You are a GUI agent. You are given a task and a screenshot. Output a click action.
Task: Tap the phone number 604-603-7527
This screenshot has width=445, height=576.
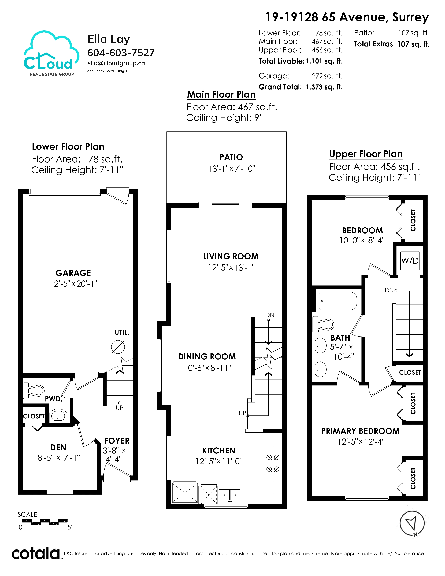click(121, 53)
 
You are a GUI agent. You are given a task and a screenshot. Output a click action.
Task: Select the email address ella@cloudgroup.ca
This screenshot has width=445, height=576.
click(116, 63)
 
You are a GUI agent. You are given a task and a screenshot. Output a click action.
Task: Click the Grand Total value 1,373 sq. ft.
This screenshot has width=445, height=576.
click(324, 87)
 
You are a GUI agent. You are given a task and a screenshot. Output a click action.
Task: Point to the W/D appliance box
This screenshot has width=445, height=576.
click(410, 261)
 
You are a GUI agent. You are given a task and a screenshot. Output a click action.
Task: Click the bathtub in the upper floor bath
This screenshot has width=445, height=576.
click(338, 301)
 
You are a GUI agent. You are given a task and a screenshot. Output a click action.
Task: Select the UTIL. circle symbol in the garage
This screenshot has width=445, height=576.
click(118, 347)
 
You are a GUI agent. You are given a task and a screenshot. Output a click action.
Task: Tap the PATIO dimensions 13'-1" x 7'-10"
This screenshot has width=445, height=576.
click(232, 169)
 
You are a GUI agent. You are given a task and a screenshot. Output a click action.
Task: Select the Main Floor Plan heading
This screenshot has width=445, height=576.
click(221, 94)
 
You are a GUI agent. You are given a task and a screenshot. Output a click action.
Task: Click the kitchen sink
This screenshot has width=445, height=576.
click(230, 494)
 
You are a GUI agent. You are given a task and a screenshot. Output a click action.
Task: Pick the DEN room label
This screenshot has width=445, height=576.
click(58, 447)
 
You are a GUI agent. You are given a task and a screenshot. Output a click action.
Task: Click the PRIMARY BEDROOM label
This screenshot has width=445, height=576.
click(360, 431)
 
